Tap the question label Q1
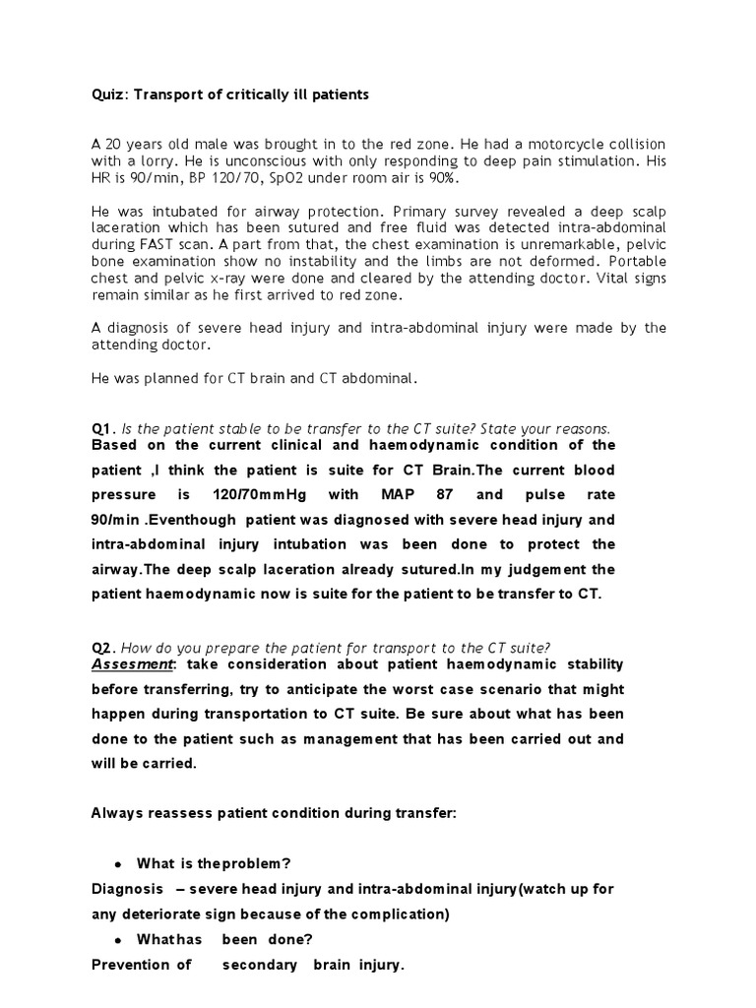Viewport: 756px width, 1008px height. (x=101, y=428)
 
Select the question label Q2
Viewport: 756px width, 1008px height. (x=101, y=647)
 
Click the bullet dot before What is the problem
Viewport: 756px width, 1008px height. (x=118, y=863)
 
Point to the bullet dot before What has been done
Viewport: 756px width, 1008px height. (x=118, y=939)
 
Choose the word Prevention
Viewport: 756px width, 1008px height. (x=141, y=965)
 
